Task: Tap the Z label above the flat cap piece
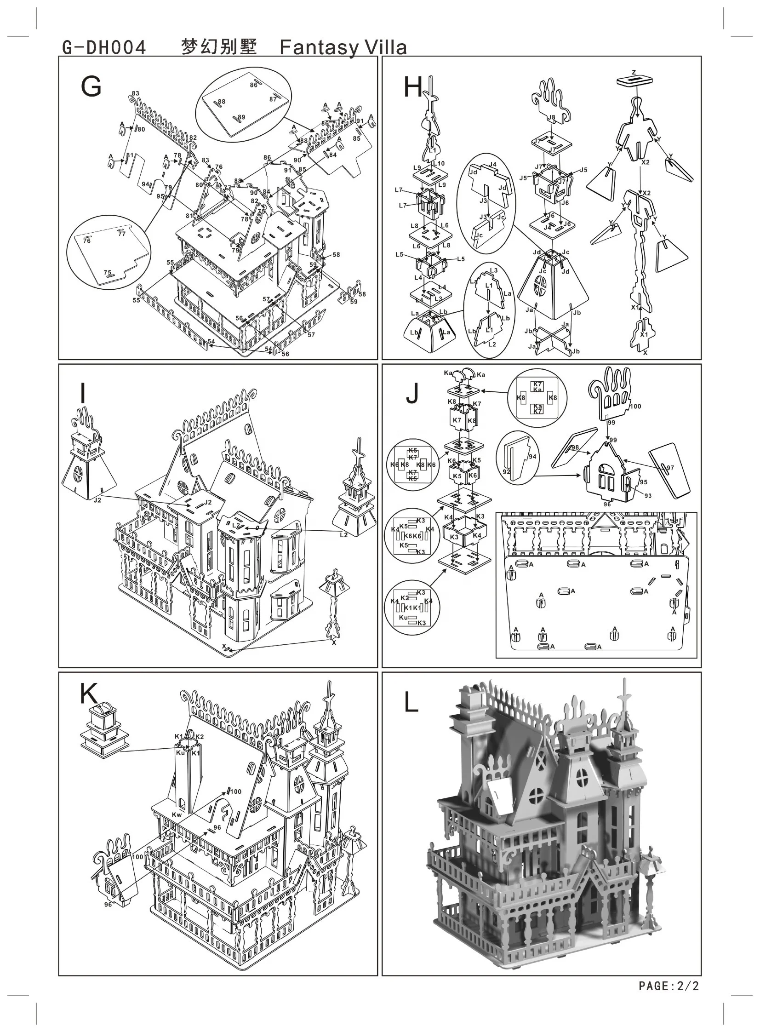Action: pos(634,72)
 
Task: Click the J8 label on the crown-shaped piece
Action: pos(551,118)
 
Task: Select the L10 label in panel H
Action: pos(439,163)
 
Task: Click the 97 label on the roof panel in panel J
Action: pos(670,468)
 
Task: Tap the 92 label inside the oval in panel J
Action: pos(506,471)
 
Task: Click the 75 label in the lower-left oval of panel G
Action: pos(107,272)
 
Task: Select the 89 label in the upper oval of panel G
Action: pos(241,117)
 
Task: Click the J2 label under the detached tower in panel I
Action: pos(97,500)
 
